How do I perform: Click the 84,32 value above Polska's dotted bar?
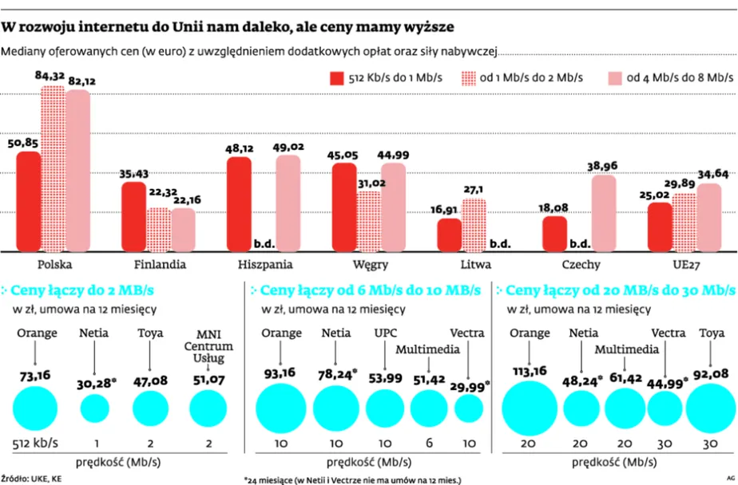click(x=53, y=76)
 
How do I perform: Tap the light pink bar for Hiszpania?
click(x=288, y=203)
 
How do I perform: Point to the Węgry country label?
click(x=371, y=264)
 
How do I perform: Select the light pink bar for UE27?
click(x=708, y=217)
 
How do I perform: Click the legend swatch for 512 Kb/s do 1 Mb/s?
click(x=335, y=77)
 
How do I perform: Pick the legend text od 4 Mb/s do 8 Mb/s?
click(x=680, y=77)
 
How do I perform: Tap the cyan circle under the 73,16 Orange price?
click(x=34, y=408)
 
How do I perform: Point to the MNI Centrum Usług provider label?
click(x=209, y=346)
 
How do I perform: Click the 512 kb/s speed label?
click(x=34, y=443)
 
